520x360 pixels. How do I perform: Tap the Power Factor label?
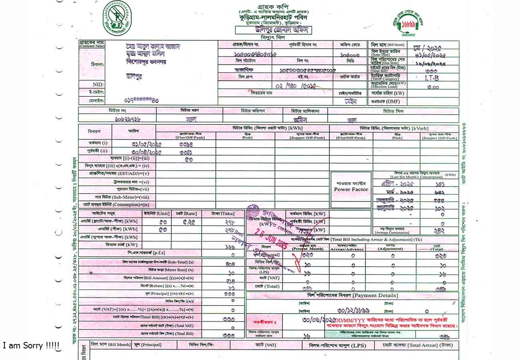coord(351,190)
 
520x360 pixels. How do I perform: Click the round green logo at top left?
coord(117,18)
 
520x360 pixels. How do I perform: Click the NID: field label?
coord(98,85)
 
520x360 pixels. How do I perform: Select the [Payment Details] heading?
coord(375,296)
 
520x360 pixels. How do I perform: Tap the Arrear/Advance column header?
coord(347,249)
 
